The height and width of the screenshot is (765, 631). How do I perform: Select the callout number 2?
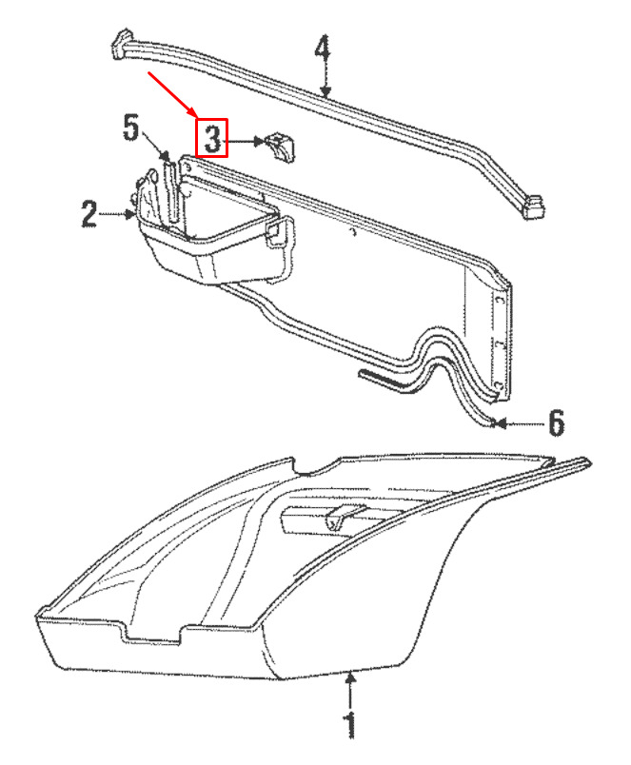click(x=89, y=214)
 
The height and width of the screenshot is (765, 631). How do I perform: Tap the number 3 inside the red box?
click(x=213, y=138)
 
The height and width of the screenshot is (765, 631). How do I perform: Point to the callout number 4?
click(x=322, y=49)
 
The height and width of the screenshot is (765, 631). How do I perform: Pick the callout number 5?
click(x=130, y=127)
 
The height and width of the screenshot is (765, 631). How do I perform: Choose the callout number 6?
click(x=557, y=423)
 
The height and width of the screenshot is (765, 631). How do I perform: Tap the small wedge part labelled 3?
click(x=282, y=147)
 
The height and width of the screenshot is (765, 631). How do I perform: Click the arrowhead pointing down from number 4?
click(x=325, y=90)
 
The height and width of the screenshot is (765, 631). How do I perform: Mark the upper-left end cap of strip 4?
click(x=122, y=45)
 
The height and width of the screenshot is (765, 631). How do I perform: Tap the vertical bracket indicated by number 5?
click(x=170, y=192)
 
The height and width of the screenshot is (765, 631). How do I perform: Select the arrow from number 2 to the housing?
click(x=116, y=214)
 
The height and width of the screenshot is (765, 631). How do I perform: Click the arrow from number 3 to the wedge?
click(x=244, y=142)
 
